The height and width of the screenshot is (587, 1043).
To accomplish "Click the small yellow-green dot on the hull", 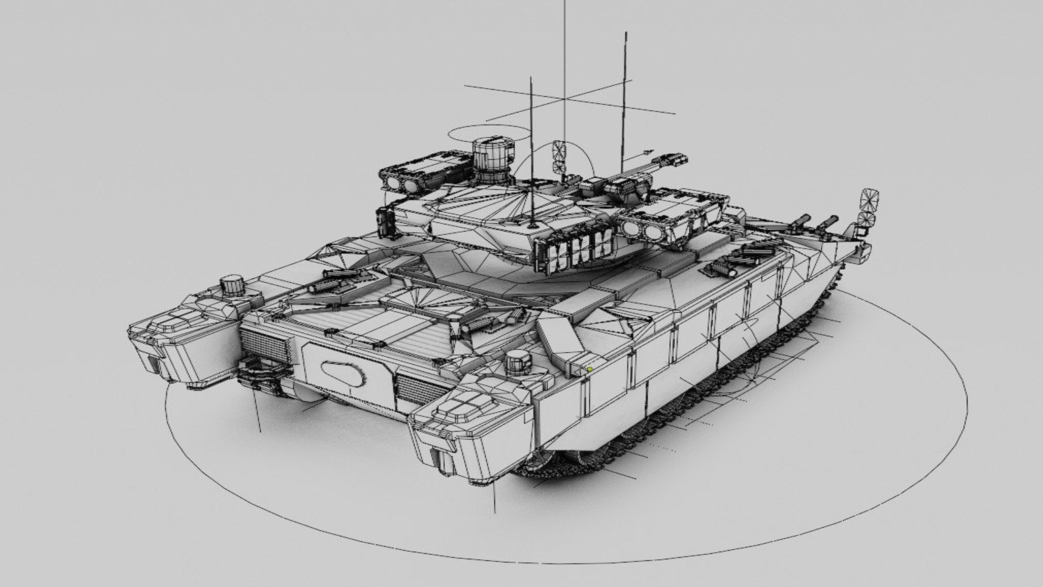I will point(590,370).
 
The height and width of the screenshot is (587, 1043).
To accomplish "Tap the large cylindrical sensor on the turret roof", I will point(492,160).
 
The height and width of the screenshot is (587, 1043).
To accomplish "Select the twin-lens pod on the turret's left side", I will point(402,182).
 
